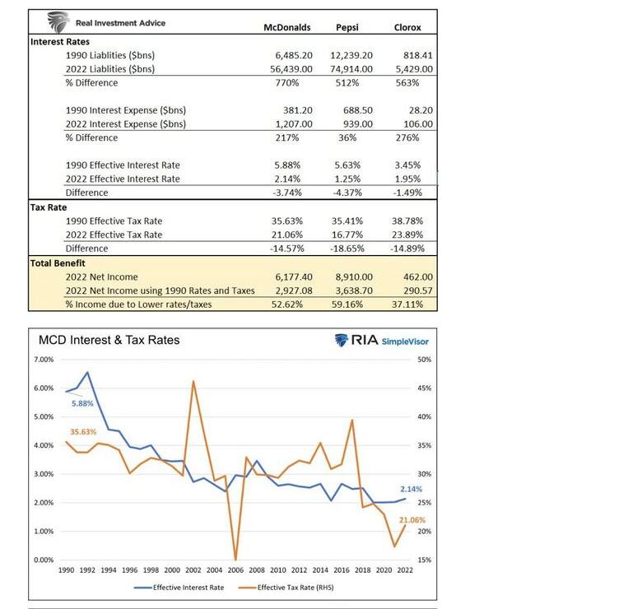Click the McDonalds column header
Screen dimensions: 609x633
click(x=286, y=27)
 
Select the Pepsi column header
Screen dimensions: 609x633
click(x=347, y=27)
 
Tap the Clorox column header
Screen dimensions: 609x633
click(x=407, y=27)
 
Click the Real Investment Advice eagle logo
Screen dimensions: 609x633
click(x=58, y=21)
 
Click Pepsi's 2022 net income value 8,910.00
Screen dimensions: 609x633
click(x=354, y=277)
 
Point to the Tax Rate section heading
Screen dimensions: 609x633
click(x=49, y=207)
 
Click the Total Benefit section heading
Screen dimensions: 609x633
click(x=58, y=263)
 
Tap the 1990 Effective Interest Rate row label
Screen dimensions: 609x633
click(x=123, y=165)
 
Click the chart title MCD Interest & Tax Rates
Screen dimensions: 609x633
click(x=109, y=340)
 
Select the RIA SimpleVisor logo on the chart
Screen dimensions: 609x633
click(x=381, y=341)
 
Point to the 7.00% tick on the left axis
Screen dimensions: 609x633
click(x=44, y=360)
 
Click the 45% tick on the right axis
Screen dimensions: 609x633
click(x=424, y=388)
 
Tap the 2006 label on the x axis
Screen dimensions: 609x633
click(x=235, y=569)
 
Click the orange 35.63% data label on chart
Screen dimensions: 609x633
click(x=83, y=432)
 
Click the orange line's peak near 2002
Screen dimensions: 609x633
click(x=193, y=381)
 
